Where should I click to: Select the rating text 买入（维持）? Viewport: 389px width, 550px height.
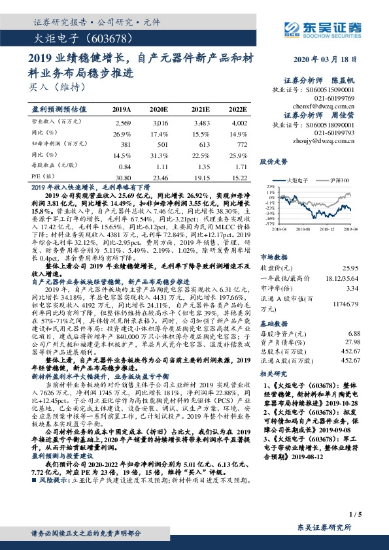(53, 85)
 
